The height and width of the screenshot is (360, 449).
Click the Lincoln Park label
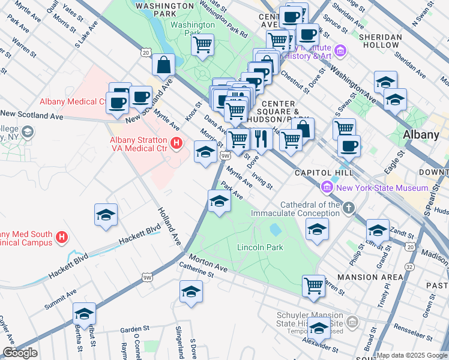point(260,247)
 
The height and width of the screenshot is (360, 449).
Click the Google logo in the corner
point(20,353)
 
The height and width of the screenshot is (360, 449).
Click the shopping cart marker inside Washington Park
point(203,45)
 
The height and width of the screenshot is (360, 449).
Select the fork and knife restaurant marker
point(261,139)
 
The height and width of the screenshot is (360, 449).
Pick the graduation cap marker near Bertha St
point(84,314)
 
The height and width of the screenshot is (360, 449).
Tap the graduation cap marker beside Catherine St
point(191,292)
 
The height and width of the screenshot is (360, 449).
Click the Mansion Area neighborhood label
point(370,277)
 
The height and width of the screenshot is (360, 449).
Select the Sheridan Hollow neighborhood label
point(380,41)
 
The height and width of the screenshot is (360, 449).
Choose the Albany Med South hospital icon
point(61,238)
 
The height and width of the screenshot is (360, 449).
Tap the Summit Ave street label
point(61,299)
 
